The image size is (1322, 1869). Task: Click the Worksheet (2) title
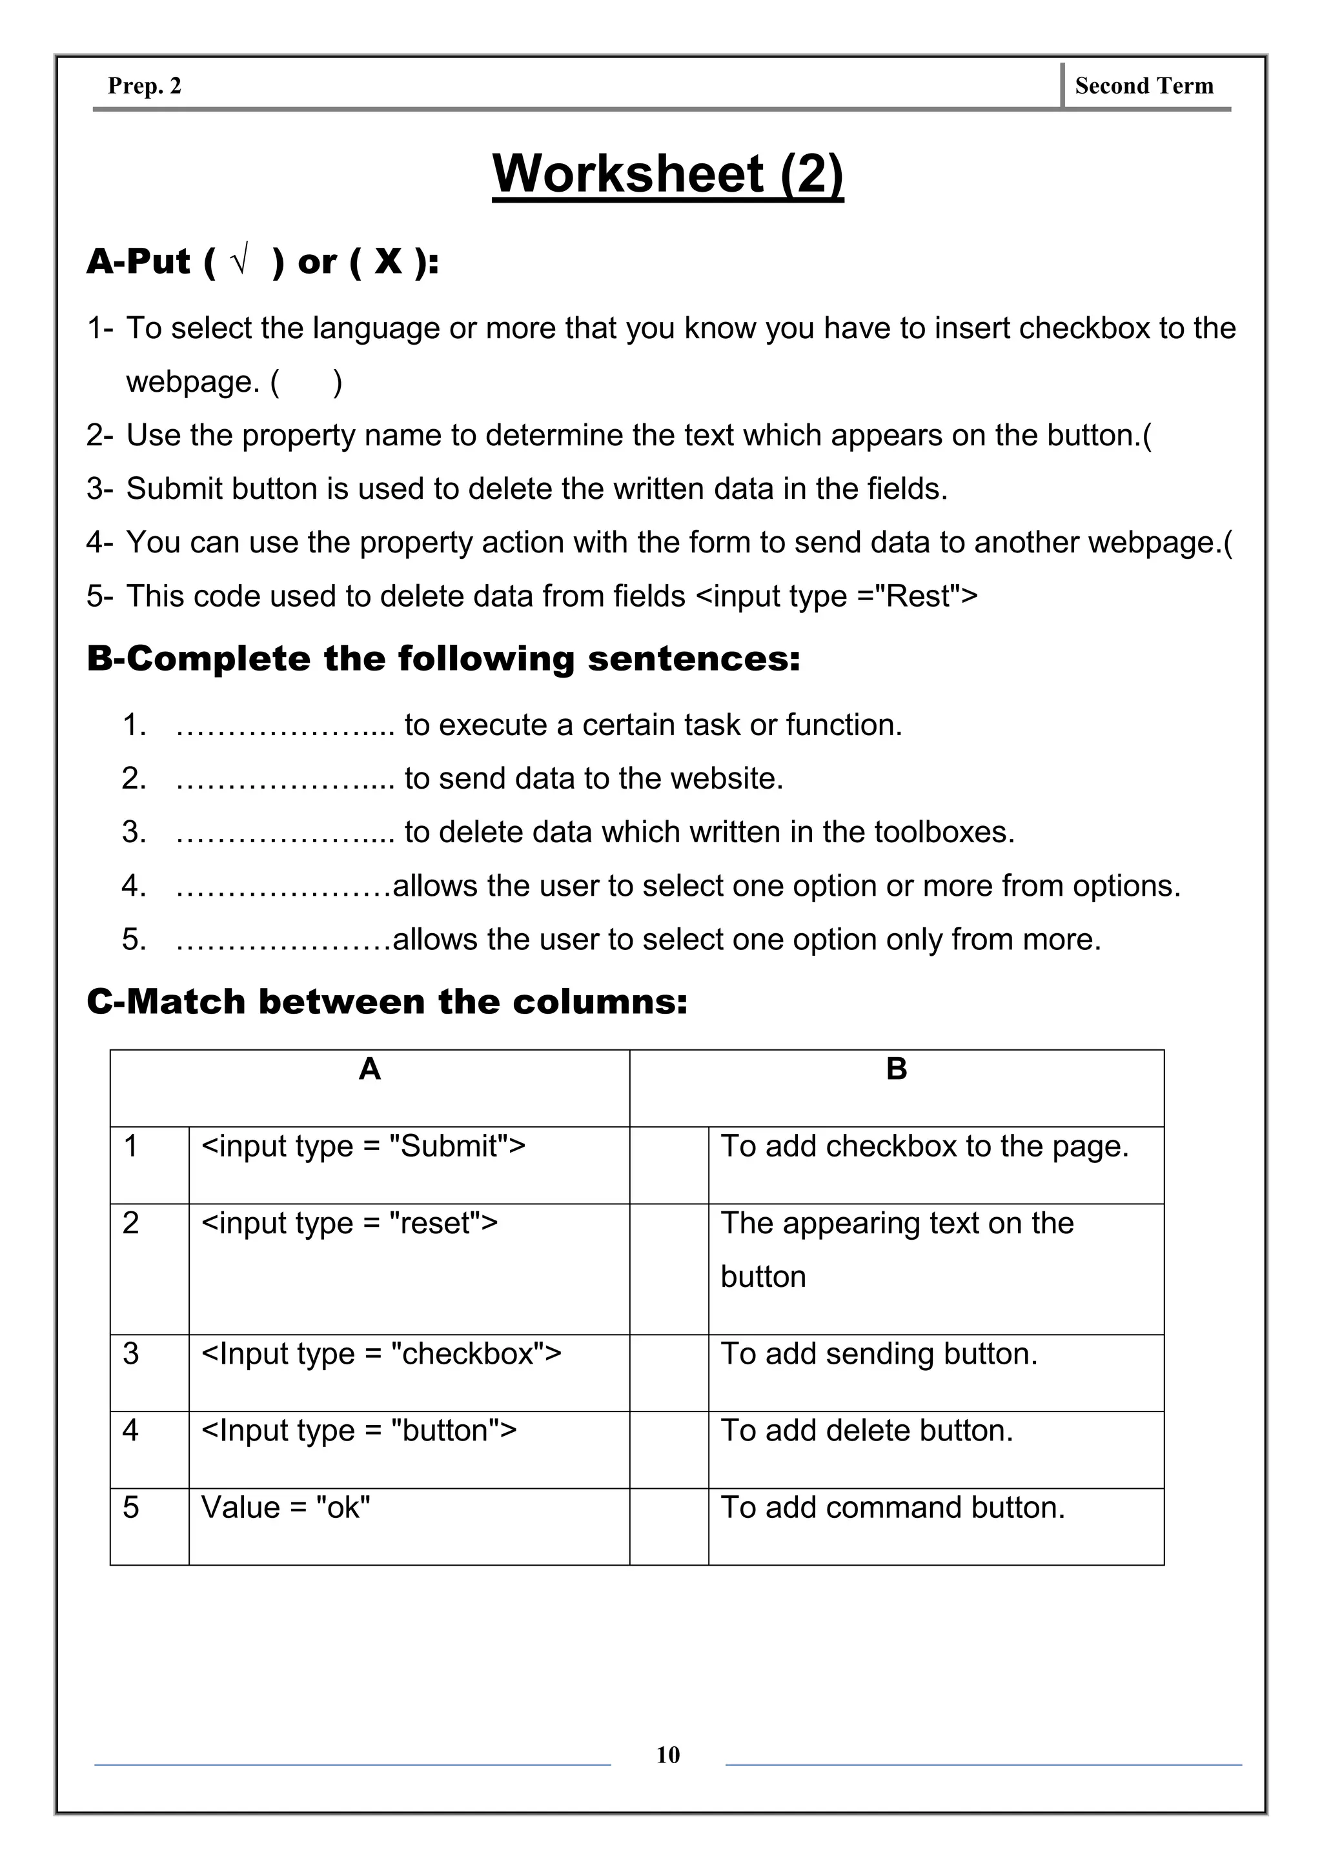(667, 174)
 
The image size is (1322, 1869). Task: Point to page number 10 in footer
(667, 1754)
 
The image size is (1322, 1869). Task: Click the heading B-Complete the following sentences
(443, 658)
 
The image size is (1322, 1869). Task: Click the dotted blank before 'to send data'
(284, 779)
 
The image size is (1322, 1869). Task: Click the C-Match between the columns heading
(387, 1001)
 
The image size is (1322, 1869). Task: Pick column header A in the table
(370, 1069)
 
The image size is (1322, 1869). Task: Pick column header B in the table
(896, 1069)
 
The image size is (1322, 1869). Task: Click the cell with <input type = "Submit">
(363, 1146)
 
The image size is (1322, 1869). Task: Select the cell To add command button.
(892, 1508)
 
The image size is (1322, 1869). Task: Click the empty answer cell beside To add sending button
(668, 1371)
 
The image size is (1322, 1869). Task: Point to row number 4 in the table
(131, 1430)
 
